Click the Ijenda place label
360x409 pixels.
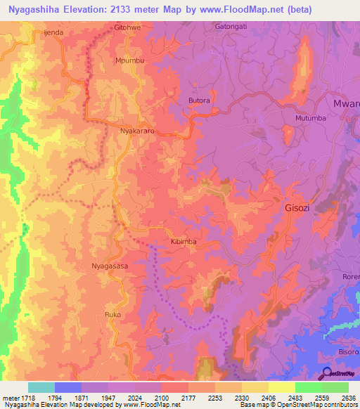click(54, 32)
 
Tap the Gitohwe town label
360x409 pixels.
click(127, 28)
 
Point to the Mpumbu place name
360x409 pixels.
click(129, 61)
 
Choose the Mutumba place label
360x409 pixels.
click(311, 118)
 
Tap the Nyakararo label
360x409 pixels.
click(138, 131)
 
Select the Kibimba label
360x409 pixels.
click(184, 241)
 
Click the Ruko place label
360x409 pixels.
click(113, 314)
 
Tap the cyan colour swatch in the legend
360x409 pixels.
click(41, 387)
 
